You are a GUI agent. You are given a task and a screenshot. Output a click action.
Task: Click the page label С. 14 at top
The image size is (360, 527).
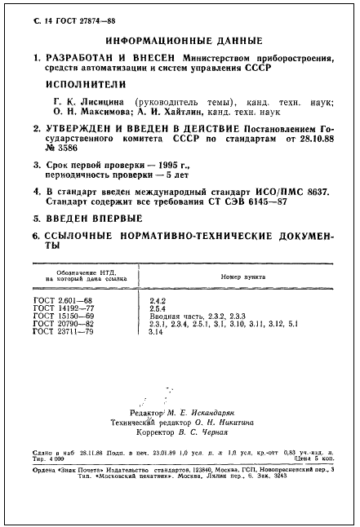point(30,20)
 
